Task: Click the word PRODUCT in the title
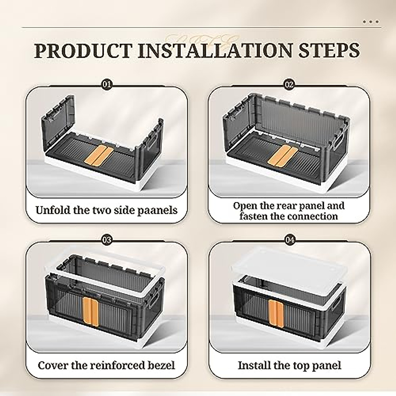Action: coord(83,50)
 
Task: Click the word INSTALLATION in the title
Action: coord(215,50)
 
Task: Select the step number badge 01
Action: coord(107,84)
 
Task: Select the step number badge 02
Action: coord(289,84)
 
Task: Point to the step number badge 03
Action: coord(107,240)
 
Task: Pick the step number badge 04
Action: coord(289,240)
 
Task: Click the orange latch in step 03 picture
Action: coord(91,311)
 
